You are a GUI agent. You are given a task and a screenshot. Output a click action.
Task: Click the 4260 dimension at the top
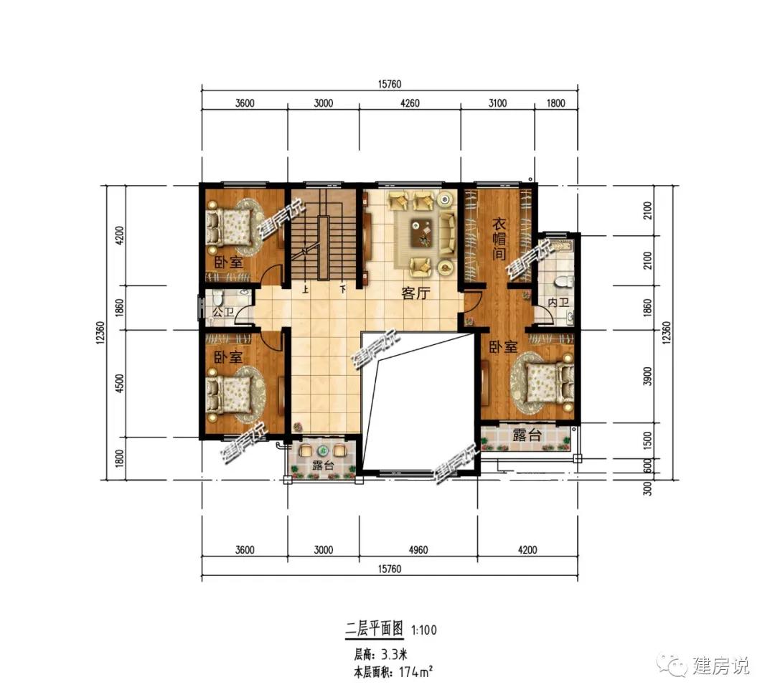[x=408, y=103]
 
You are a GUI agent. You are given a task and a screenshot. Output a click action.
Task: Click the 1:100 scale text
[x=424, y=630]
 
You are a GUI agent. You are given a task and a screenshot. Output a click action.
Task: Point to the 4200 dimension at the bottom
[x=527, y=550]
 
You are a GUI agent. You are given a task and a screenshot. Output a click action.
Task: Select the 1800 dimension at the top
[x=556, y=103]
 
